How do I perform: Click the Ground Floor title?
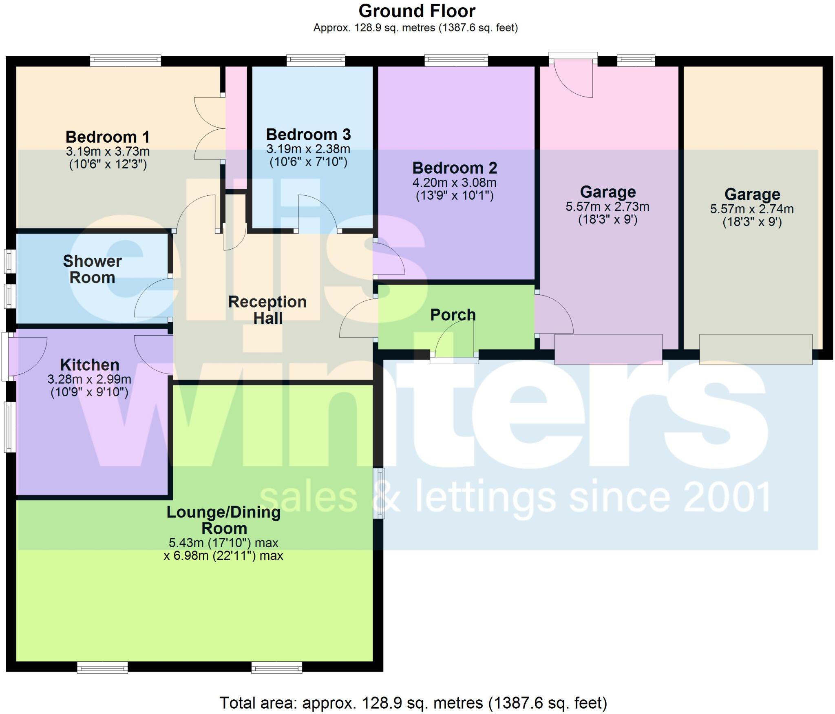click(x=417, y=11)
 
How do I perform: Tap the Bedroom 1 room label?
click(x=108, y=137)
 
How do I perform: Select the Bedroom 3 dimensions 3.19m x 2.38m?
click(x=308, y=149)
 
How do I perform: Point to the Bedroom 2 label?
click(x=455, y=168)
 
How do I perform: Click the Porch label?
click(x=453, y=315)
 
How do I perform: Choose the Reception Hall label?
click(x=267, y=310)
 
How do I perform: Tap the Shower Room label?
click(x=92, y=269)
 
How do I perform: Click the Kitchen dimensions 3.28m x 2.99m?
click(x=89, y=380)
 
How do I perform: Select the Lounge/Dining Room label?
click(x=224, y=520)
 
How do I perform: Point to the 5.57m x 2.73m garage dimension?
click(x=607, y=207)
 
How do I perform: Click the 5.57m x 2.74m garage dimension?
click(x=752, y=209)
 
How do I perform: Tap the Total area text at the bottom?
click(x=413, y=703)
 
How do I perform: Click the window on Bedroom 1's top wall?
click(x=126, y=61)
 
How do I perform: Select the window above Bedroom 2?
click(x=456, y=61)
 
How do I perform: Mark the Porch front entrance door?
click(x=455, y=347)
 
